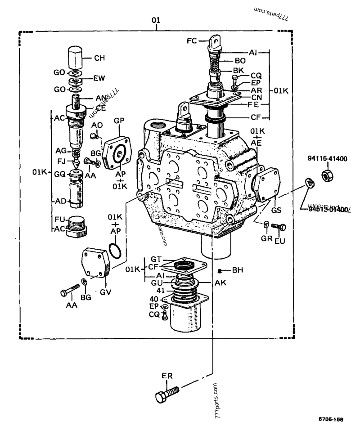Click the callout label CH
[99, 58]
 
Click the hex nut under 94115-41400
[327, 173]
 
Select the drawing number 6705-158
[331, 419]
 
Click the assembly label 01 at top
[155, 21]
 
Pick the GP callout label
[119, 121]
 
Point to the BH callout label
[238, 271]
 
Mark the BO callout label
[240, 60]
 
